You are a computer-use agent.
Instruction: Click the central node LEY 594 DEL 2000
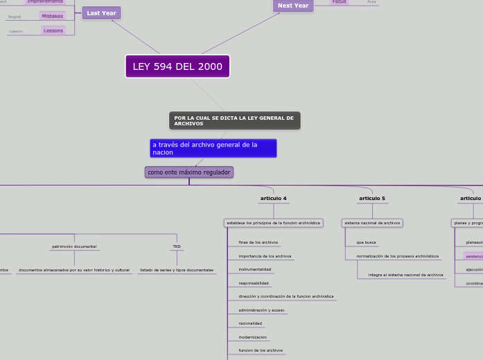click(x=177, y=66)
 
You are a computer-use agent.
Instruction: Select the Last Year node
click(x=101, y=13)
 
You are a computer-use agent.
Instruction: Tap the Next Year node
click(x=293, y=6)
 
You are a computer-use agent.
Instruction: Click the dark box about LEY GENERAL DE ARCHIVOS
click(x=234, y=120)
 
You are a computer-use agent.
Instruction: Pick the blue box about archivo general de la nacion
click(x=213, y=148)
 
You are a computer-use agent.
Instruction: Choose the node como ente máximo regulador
click(x=188, y=172)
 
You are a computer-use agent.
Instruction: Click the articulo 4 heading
click(x=273, y=199)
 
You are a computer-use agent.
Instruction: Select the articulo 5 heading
click(x=372, y=199)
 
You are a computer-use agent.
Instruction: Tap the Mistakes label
click(x=53, y=16)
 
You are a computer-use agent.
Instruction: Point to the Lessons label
click(x=53, y=30)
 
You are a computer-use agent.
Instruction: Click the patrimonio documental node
click(x=74, y=246)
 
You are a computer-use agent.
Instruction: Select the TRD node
click(x=177, y=246)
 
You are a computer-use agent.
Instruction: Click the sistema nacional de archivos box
click(x=372, y=223)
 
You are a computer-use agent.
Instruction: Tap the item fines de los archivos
click(x=258, y=242)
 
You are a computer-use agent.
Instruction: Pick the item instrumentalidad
click(x=254, y=269)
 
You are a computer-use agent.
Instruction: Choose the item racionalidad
click(x=250, y=323)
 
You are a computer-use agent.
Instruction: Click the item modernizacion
click(x=252, y=337)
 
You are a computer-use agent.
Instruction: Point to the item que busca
click(x=366, y=242)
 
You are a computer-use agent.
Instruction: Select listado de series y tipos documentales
click(x=177, y=270)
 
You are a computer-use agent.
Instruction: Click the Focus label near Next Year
click(x=339, y=2)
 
